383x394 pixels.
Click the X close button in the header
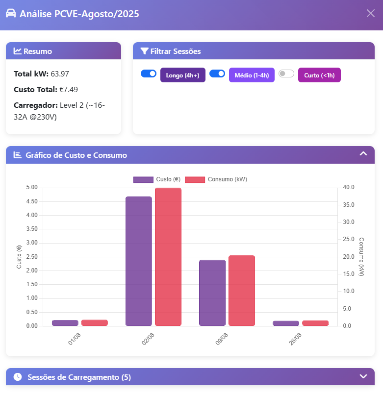click(371, 13)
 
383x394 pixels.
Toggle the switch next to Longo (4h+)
click(148, 74)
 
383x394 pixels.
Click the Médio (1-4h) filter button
click(252, 75)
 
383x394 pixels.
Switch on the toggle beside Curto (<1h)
click(286, 74)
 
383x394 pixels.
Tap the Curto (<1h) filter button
click(319, 75)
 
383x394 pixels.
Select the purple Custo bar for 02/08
click(139, 261)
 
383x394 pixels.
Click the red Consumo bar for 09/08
click(242, 291)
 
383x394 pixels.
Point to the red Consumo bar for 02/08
click(168, 257)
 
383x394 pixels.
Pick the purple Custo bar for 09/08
click(212, 293)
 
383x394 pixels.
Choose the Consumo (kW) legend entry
click(216, 179)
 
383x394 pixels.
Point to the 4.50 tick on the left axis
click(31, 201)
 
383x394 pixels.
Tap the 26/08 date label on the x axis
click(295, 339)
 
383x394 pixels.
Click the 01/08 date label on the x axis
click(75, 339)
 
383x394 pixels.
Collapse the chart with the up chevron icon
click(363, 154)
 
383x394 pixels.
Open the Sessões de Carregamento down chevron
click(363, 376)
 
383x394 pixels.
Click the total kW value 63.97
click(60, 74)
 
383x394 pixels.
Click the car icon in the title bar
click(11, 13)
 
